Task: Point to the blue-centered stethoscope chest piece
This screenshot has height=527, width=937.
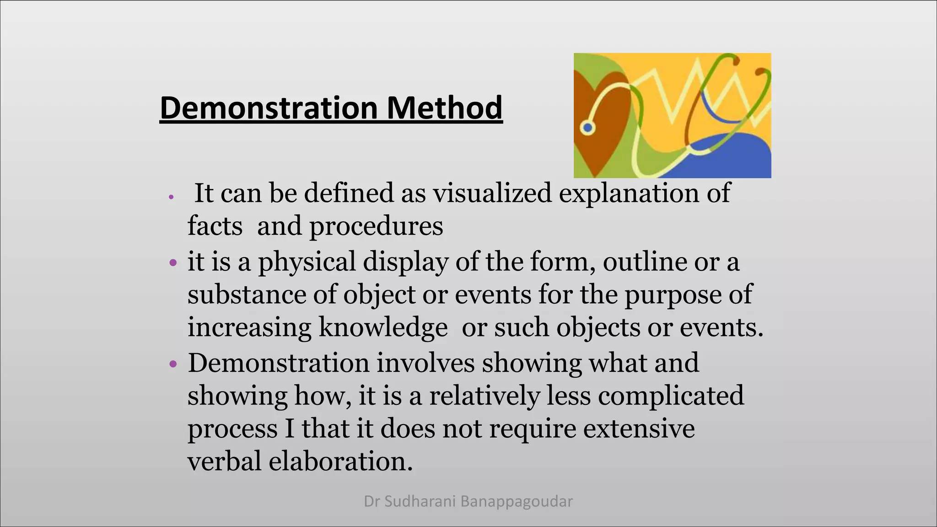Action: click(587, 128)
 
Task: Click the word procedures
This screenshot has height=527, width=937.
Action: click(376, 226)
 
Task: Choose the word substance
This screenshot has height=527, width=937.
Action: click(247, 295)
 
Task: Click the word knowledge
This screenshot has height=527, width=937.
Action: click(383, 328)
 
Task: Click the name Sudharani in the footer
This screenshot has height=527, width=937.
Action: click(420, 502)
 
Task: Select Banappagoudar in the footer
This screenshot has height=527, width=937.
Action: click(517, 502)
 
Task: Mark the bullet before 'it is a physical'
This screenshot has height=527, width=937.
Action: click(172, 263)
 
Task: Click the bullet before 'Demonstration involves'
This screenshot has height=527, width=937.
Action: click(172, 364)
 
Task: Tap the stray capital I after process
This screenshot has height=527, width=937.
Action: click(289, 429)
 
